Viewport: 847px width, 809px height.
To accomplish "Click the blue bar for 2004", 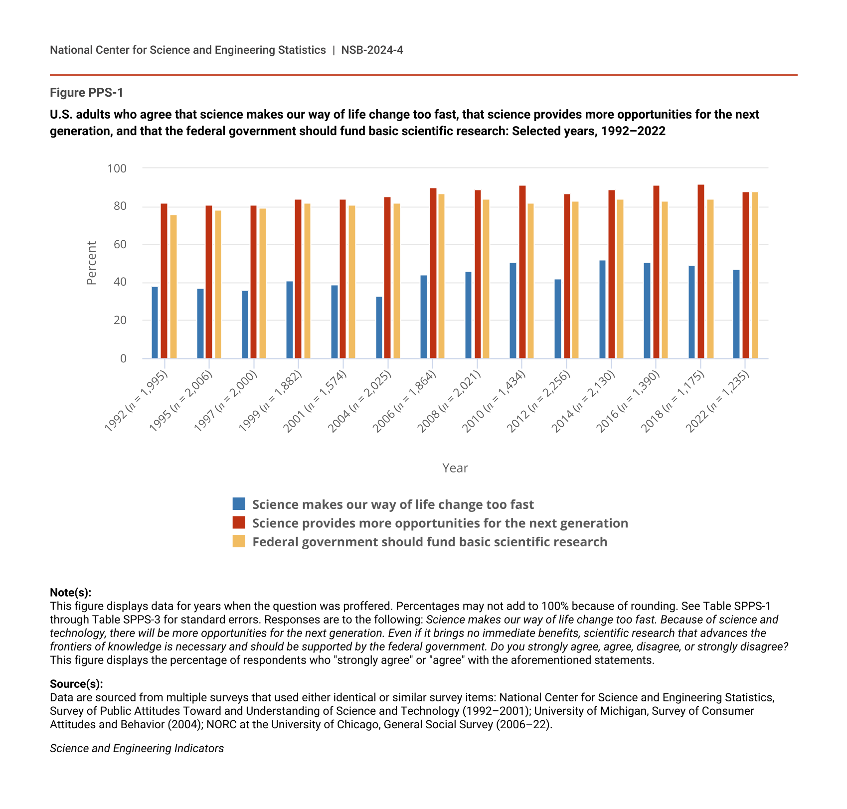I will pyautogui.click(x=379, y=327).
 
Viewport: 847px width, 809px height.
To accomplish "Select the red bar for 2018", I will pyautogui.click(x=700, y=272).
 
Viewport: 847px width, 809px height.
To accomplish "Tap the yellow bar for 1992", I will pyautogui.click(x=173, y=287).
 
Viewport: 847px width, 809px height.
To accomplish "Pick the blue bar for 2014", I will pyautogui.click(x=602, y=310).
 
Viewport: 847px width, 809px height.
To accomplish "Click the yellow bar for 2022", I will pyautogui.click(x=755, y=275).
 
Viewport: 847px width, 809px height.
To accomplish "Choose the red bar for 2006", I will pyautogui.click(x=433, y=273).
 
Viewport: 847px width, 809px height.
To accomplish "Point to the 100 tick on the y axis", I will pyautogui.click(x=117, y=168).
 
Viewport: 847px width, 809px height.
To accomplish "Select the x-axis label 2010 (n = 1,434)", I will pyautogui.click(x=494, y=402).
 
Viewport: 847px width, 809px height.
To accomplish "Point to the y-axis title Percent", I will pyautogui.click(x=91, y=263).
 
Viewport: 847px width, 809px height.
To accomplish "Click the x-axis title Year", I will pyautogui.click(x=455, y=468).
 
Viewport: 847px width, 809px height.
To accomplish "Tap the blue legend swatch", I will pyautogui.click(x=239, y=504).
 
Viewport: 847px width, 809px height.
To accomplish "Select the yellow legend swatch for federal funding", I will pyautogui.click(x=239, y=541).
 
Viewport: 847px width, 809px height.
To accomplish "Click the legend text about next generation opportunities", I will pyautogui.click(x=440, y=523).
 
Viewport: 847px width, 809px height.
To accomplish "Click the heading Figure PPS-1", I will pyautogui.click(x=87, y=93).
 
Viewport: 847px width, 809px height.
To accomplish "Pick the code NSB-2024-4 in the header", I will pyautogui.click(x=372, y=50).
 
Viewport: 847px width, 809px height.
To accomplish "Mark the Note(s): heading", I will pyautogui.click(x=71, y=592).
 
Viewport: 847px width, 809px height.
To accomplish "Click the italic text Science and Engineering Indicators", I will pyautogui.click(x=137, y=748).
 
